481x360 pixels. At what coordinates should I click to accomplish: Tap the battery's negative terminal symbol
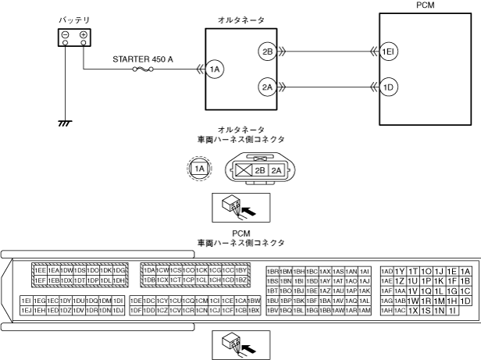(x=66, y=35)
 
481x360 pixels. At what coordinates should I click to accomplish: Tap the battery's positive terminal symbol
(x=83, y=35)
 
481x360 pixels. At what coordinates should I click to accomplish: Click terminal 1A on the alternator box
(x=215, y=70)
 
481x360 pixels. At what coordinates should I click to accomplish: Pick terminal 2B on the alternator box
(x=267, y=52)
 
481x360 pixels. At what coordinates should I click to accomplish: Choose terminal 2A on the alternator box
(x=267, y=87)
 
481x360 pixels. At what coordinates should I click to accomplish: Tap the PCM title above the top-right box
(x=427, y=5)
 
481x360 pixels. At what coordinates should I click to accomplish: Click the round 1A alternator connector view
(x=201, y=168)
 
